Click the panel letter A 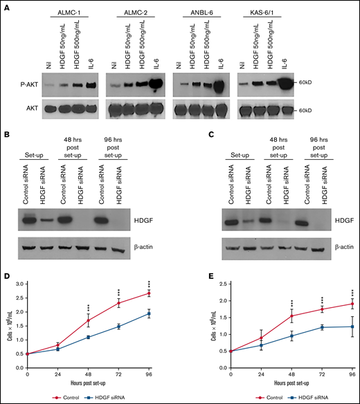point(6,7)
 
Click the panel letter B point(6,137)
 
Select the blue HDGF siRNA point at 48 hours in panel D point(89,337)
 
